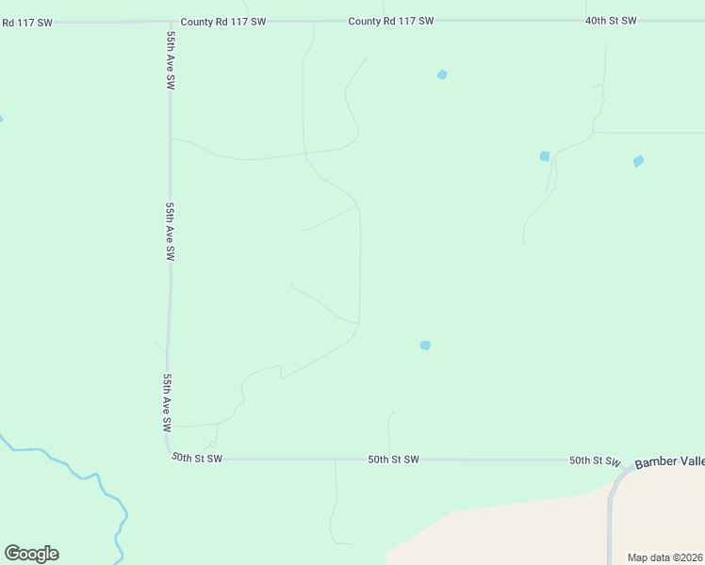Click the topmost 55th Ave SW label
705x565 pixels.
(171, 70)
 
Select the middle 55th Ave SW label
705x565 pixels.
(170, 231)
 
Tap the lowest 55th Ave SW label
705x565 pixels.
(167, 402)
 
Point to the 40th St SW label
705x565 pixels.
(611, 20)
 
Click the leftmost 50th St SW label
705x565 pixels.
(197, 458)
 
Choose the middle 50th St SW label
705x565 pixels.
(393, 460)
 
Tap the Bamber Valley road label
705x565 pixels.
(668, 461)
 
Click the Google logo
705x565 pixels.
(31, 553)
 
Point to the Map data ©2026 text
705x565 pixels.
(664, 557)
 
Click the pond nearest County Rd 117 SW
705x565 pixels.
(442, 74)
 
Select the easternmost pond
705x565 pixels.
(638, 161)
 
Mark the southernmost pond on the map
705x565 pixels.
(425, 346)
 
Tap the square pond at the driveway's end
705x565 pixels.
(544, 156)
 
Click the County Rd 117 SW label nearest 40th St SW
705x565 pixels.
(390, 21)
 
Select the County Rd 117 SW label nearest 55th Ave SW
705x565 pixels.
(223, 21)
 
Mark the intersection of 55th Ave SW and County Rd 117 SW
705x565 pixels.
(170, 21)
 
